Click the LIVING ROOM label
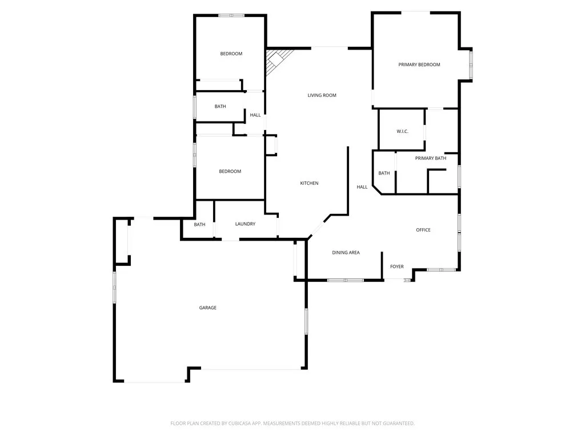click(322, 95)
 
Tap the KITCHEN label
click(309, 183)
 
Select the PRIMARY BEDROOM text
click(419, 64)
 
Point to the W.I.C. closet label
click(402, 132)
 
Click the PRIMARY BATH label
click(430, 158)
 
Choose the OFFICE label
click(423, 230)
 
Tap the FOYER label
click(396, 266)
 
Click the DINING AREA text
click(346, 252)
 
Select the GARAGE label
click(207, 308)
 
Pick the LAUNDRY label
click(245, 224)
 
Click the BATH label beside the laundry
click(199, 225)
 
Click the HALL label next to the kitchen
click(362, 187)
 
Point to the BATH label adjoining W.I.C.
click(384, 173)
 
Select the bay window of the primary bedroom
click(471, 64)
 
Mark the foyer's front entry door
click(395, 279)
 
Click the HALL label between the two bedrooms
click(255, 115)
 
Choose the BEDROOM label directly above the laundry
click(230, 171)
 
